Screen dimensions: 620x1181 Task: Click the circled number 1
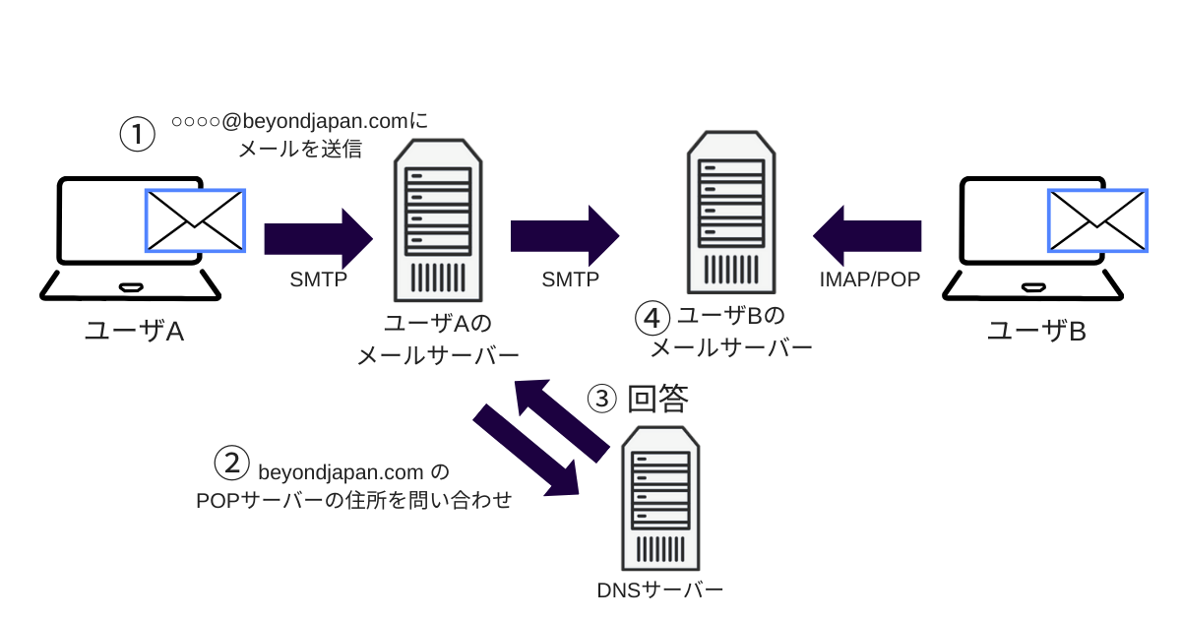pyautogui.click(x=138, y=135)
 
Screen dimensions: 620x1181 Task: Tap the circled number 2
pyautogui.click(x=232, y=464)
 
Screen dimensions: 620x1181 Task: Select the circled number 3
pyautogui.click(x=601, y=399)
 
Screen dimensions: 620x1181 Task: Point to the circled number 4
pyautogui.click(x=653, y=318)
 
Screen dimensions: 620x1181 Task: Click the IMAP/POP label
pyautogui.click(x=870, y=279)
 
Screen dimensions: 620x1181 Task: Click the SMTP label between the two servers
pyautogui.click(x=570, y=279)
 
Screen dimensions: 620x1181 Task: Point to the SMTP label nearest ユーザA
pyautogui.click(x=318, y=279)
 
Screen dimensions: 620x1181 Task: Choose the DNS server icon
pyautogui.click(x=662, y=497)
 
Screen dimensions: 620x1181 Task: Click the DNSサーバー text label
pyautogui.click(x=660, y=590)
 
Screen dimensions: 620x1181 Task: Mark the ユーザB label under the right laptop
pyautogui.click(x=1036, y=331)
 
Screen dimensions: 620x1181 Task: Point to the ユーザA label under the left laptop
pyautogui.click(x=135, y=331)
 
